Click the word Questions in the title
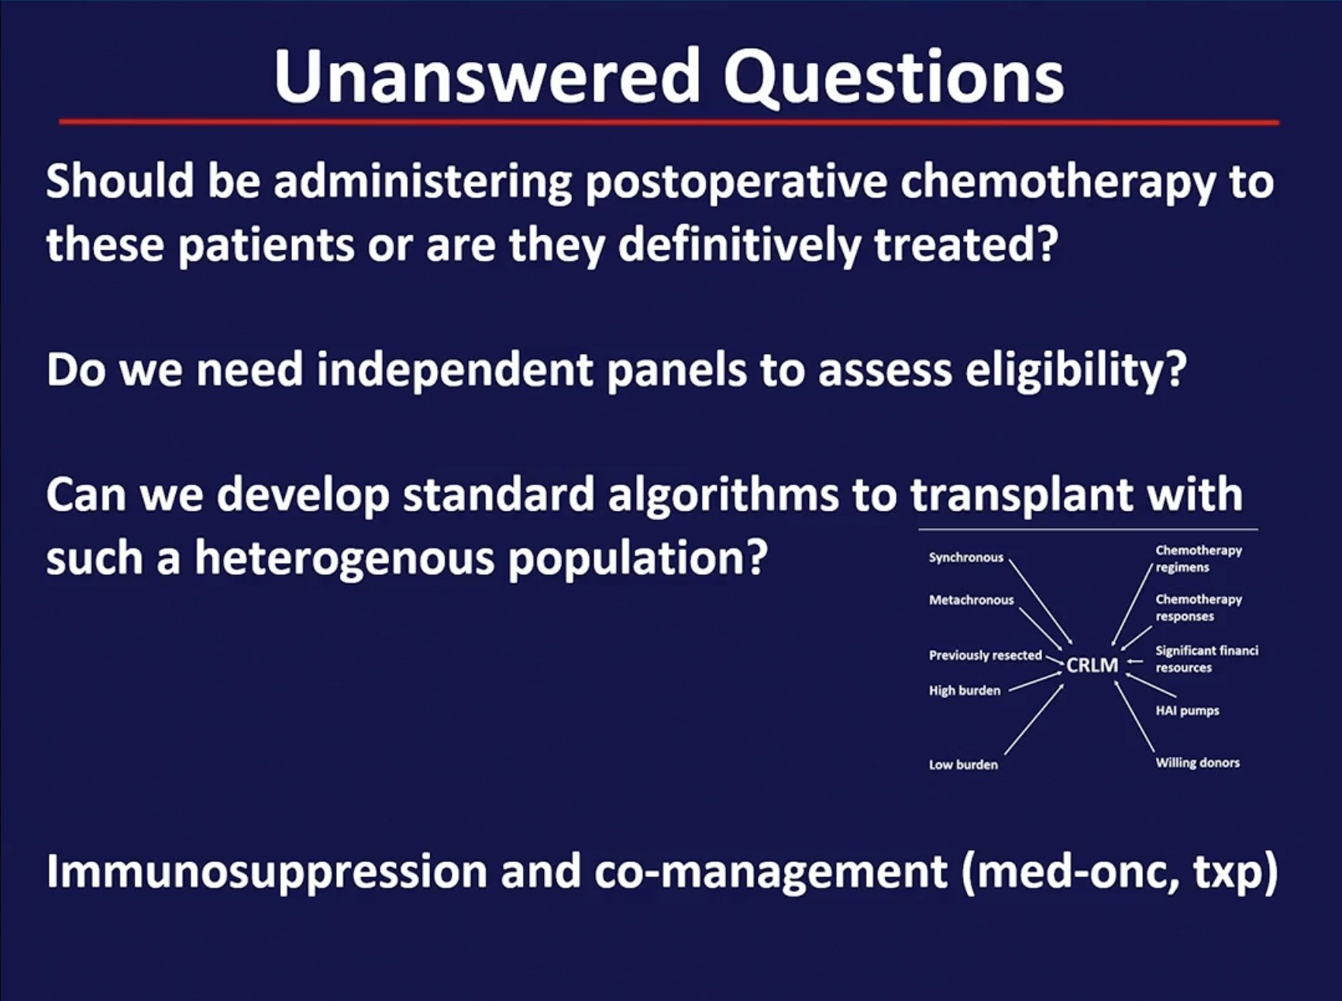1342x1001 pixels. pos(893,77)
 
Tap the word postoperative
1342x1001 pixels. pos(736,184)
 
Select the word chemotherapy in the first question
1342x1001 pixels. pos(1058,184)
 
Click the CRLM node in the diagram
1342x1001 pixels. pos(1092,665)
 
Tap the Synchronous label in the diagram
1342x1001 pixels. pos(965,557)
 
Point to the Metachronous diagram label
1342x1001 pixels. pos(971,600)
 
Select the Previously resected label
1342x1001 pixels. pos(985,655)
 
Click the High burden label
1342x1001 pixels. pos(965,690)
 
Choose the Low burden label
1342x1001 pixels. pos(963,765)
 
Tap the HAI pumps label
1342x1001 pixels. pos(1187,710)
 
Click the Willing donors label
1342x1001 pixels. pos(1197,762)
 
